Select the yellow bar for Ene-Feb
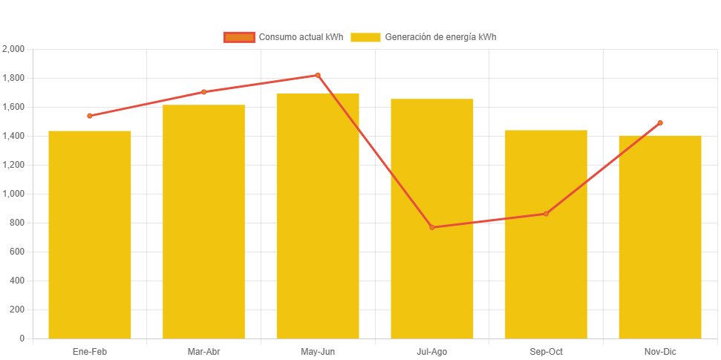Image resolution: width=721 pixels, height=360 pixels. [x=90, y=235]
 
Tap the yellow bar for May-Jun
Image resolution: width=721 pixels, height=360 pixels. [x=318, y=215]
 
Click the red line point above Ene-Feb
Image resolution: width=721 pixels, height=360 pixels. [x=90, y=116]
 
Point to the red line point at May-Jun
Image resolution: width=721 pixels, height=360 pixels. [x=318, y=75]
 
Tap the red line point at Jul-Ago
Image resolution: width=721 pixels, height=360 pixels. [x=432, y=227]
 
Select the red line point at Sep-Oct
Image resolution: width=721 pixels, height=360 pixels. [x=546, y=214]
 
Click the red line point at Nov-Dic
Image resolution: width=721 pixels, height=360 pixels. [x=660, y=123]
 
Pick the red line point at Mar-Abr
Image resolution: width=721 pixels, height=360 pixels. [x=203, y=92]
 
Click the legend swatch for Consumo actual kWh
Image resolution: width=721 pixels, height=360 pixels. [x=239, y=37]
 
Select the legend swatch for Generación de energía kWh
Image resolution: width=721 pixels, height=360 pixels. [x=365, y=37]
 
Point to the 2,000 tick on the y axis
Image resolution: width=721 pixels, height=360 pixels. [x=14, y=49]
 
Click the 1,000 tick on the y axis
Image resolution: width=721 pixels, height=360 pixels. [x=14, y=194]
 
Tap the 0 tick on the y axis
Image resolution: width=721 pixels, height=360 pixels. [x=22, y=338]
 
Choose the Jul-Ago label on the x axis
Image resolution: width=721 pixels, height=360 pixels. [x=432, y=352]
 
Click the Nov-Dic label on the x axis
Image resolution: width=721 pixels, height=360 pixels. [x=660, y=352]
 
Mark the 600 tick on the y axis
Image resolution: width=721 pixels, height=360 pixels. [x=16, y=252]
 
